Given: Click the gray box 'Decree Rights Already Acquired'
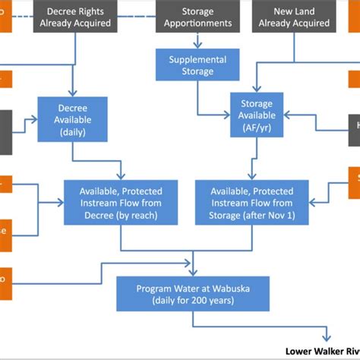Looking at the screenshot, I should [x=77, y=17].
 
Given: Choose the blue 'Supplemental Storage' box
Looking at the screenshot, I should [x=197, y=65].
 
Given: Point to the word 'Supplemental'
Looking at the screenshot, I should [x=197, y=59].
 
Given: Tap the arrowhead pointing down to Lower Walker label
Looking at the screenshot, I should [x=328, y=339].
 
